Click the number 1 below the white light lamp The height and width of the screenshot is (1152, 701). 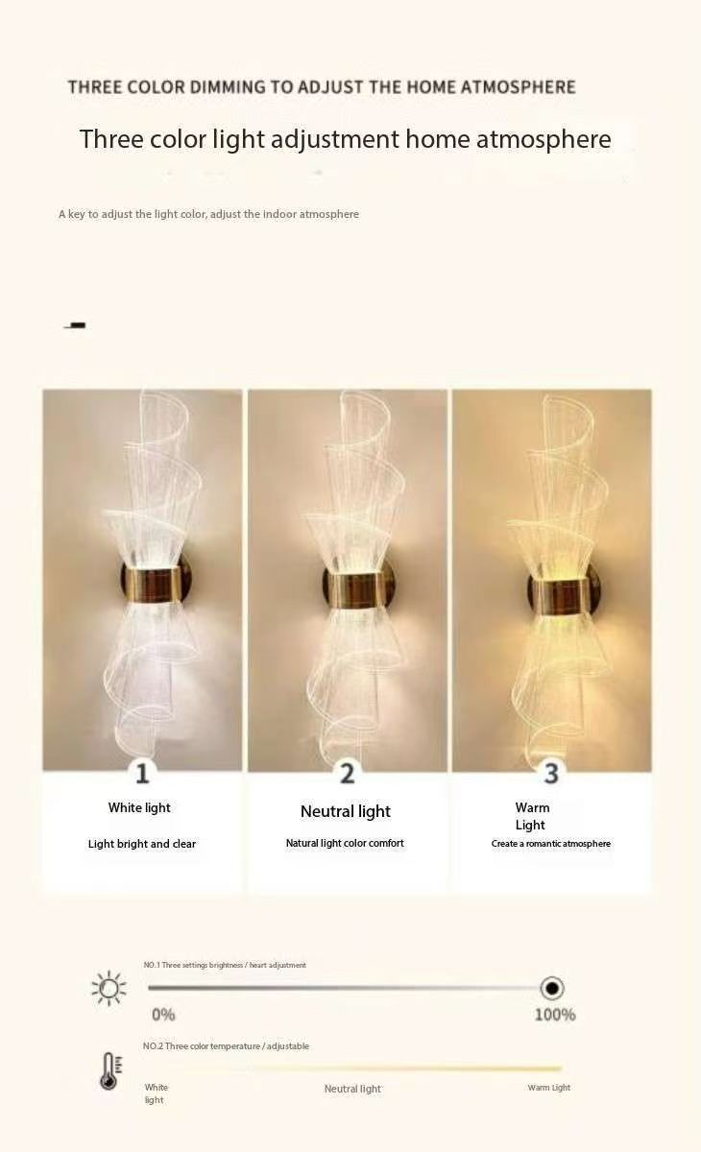(142, 774)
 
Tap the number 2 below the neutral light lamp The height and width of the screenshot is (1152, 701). (348, 774)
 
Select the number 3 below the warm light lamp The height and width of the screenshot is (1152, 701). (551, 774)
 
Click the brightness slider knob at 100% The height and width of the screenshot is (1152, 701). (552, 988)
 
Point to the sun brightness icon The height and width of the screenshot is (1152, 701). (109, 988)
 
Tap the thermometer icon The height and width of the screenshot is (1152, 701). (110, 1071)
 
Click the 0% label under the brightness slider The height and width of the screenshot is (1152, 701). (163, 1015)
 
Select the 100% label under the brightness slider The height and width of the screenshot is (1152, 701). (555, 1015)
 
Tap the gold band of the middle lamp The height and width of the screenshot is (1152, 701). (355, 589)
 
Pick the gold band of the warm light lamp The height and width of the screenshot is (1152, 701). (560, 595)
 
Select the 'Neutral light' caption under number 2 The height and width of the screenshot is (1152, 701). (346, 811)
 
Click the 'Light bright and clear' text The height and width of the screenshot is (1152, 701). (142, 844)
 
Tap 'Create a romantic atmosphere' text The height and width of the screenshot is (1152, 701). (551, 844)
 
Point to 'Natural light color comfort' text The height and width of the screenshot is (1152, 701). (345, 843)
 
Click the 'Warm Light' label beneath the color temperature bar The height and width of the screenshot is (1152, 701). (548, 1087)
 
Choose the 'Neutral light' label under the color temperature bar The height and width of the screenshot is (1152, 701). (352, 1089)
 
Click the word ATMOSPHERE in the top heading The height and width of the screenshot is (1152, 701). (518, 87)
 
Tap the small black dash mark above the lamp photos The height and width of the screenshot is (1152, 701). (75, 325)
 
